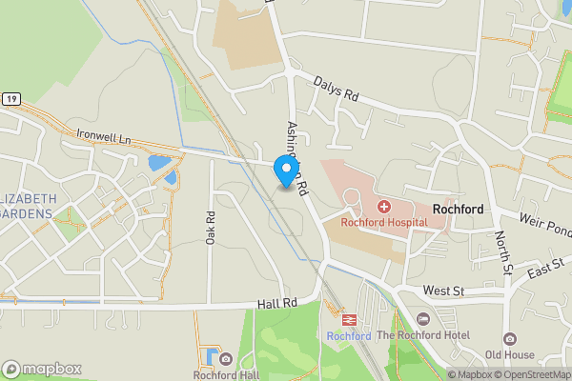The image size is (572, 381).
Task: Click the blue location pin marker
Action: (284, 170)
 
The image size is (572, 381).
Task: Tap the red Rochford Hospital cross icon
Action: (383, 207)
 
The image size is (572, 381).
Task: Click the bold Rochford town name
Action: (458, 209)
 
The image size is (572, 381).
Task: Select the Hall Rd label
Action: (277, 303)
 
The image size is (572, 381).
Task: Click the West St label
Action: (442, 290)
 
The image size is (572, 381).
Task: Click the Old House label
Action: (511, 356)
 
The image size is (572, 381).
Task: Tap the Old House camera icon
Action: (511, 339)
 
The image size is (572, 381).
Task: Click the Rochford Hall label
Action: (226, 374)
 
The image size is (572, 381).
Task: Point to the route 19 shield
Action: (10, 98)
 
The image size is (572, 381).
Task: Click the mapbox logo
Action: (42, 369)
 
